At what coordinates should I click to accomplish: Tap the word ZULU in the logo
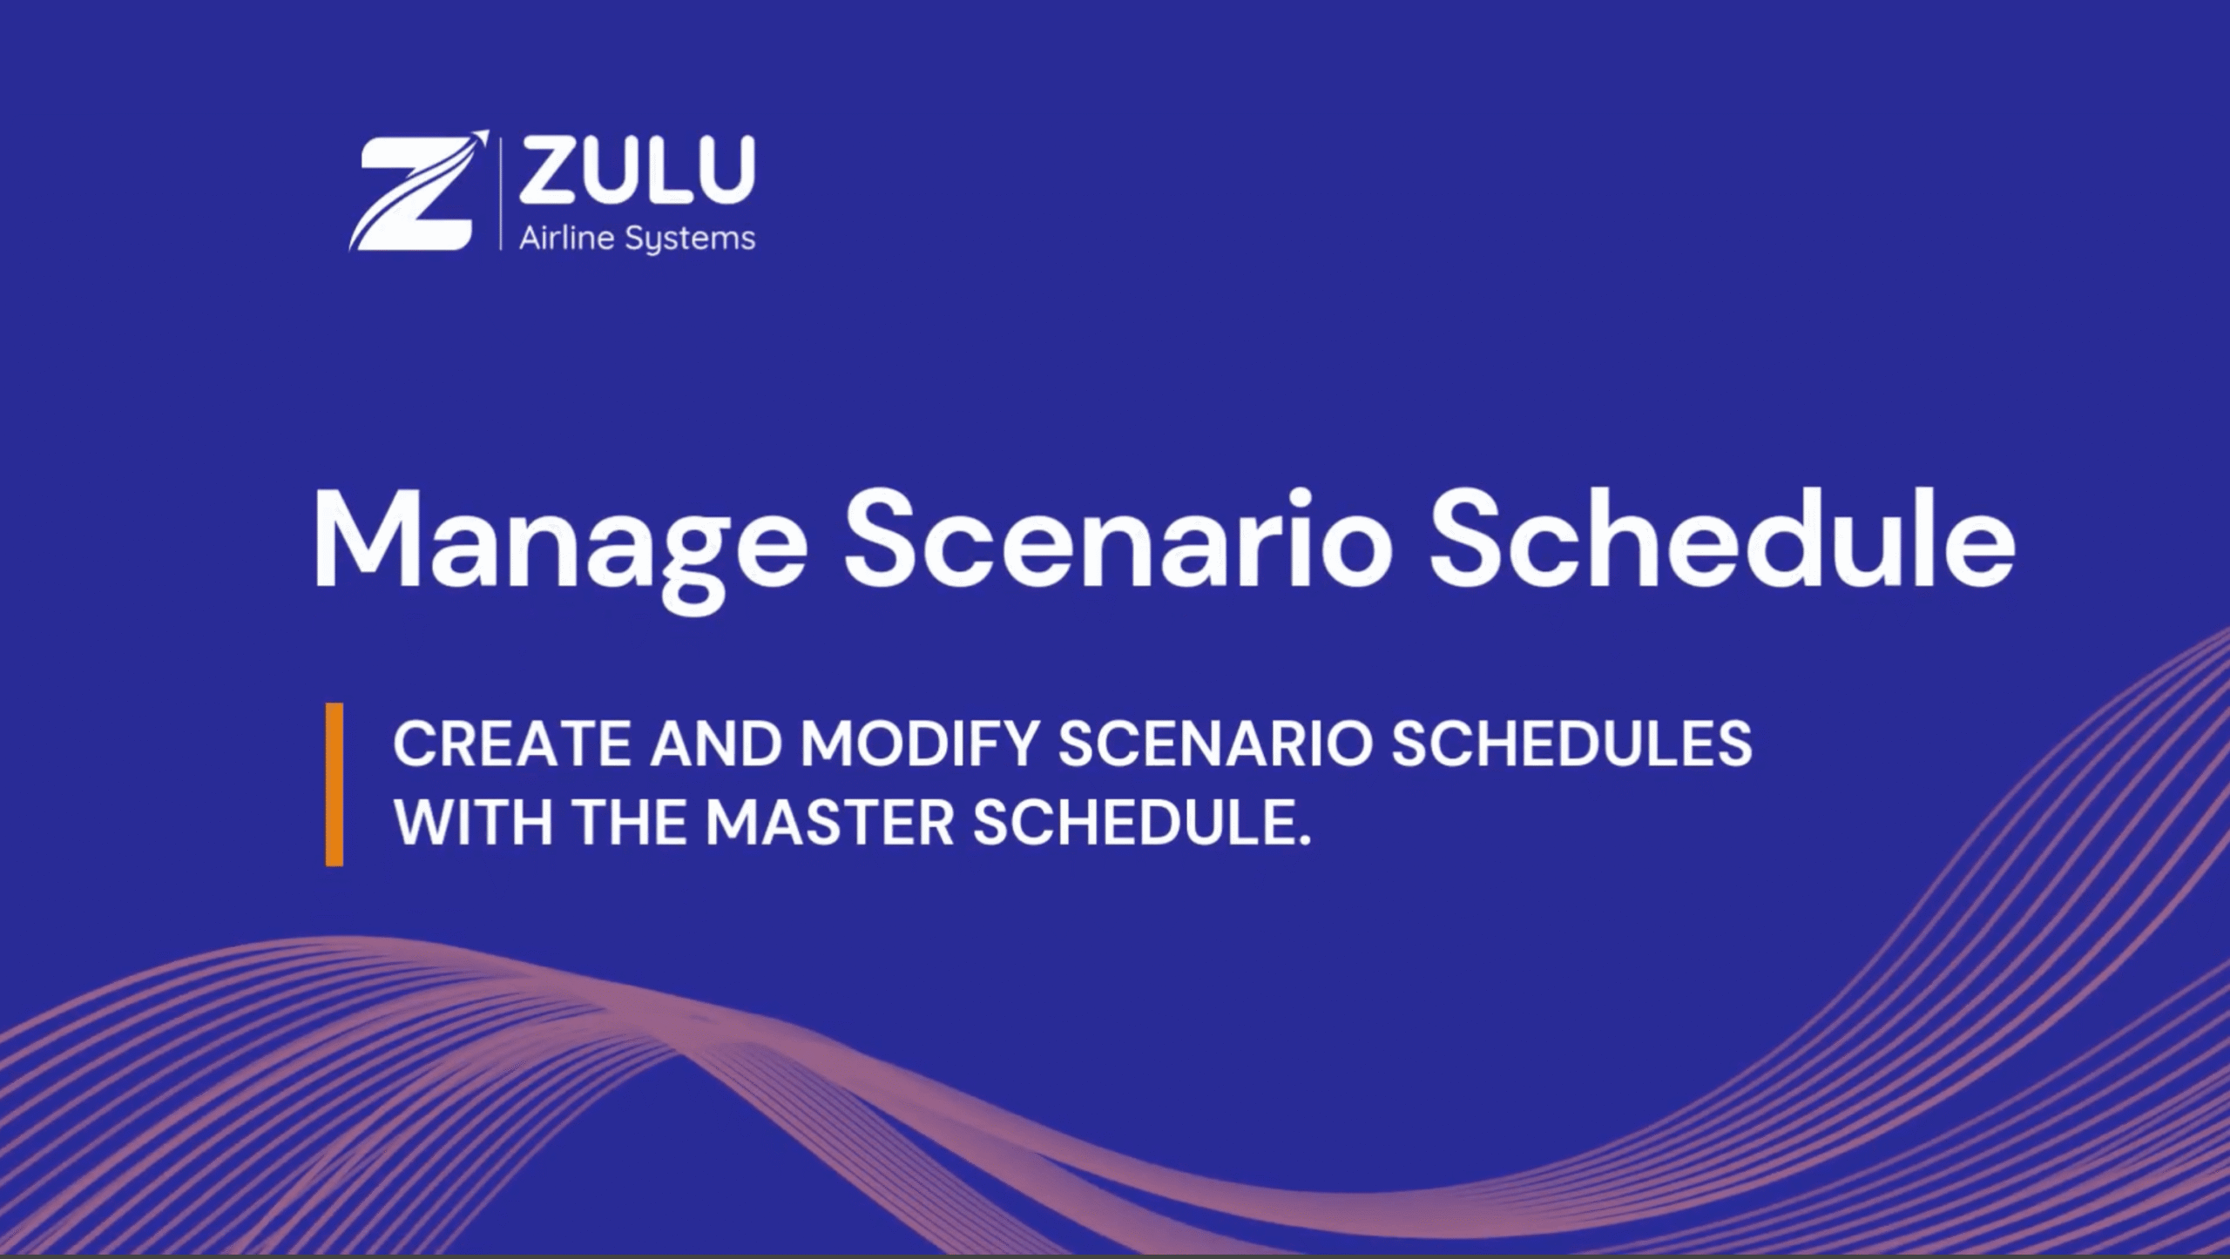pyautogui.click(x=637, y=171)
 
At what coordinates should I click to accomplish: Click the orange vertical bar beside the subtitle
pyautogui.click(x=334, y=784)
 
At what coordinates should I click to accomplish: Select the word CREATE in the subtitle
pyautogui.click(x=512, y=744)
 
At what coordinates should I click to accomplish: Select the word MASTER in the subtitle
pyautogui.click(x=830, y=822)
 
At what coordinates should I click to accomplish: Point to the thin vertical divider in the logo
pyautogui.click(x=501, y=192)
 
